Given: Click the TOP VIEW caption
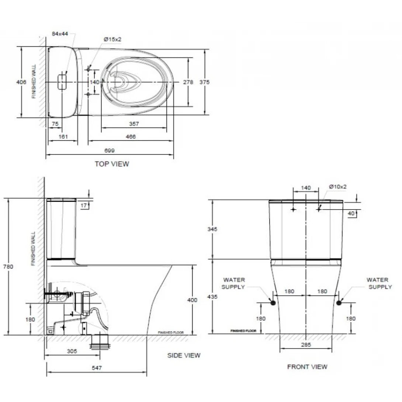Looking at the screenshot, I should pos(112,164).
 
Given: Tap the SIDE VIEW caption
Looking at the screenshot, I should pos(184,355).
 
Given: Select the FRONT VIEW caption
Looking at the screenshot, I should pos(307,367).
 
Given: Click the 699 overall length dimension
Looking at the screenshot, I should pos(110,150).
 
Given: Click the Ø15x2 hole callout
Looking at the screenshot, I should pos(112,39).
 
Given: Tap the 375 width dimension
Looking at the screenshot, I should pos(204,82).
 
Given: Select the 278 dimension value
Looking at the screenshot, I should pos(188,82).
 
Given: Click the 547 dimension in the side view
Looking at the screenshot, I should pos(97,368).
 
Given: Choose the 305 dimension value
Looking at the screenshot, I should pos(72,351).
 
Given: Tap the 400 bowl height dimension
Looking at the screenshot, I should pos(192,300).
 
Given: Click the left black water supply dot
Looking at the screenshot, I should pos(273,303).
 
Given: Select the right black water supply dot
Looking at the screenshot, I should pos(339,303).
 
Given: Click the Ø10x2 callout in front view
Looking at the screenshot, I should pos(339,187).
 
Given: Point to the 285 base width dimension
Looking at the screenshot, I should pos(306,345).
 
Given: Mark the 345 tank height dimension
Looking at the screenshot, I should pos(212,229).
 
